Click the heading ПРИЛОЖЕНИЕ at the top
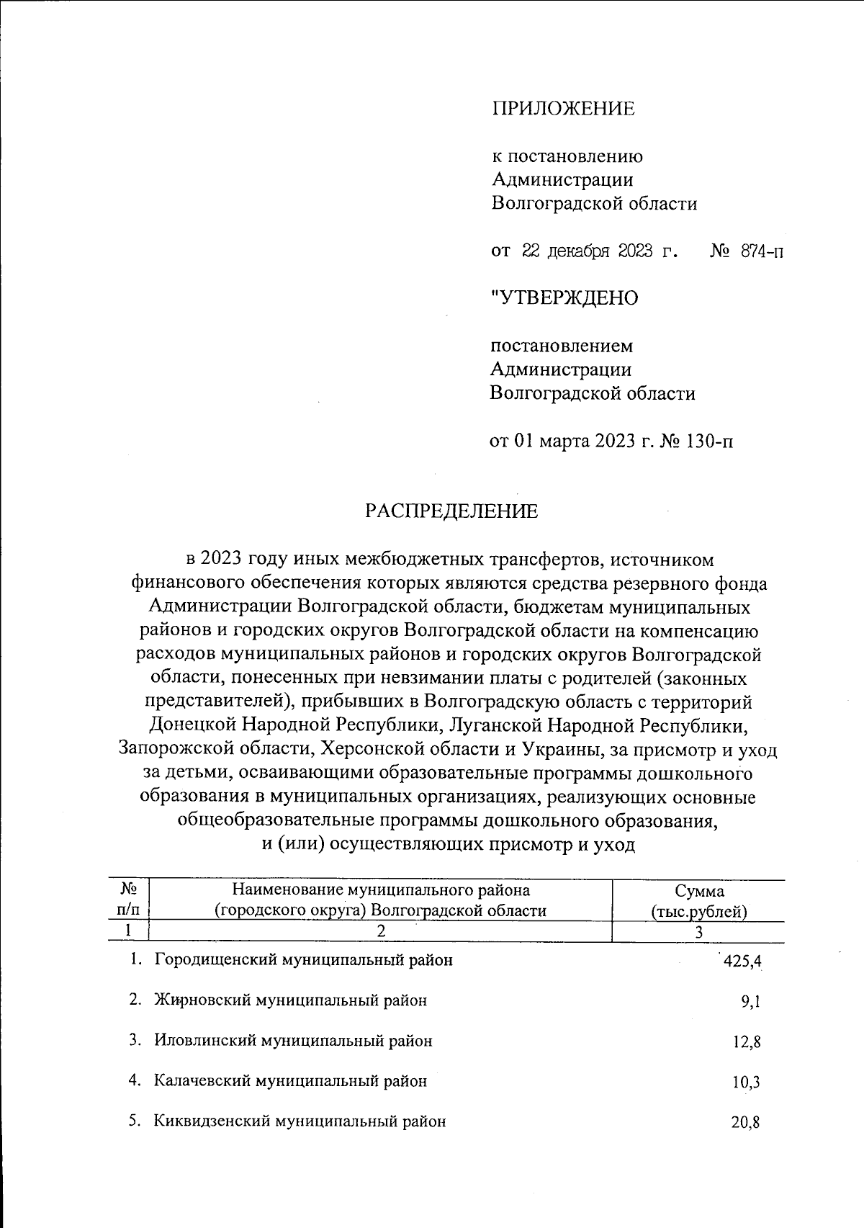coord(563,109)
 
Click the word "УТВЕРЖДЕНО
coord(564,297)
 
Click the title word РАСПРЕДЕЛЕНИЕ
coord(451,511)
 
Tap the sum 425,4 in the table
coord(742,962)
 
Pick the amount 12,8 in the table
coord(747,1042)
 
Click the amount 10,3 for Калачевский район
coord(747,1083)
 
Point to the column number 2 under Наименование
coord(381,931)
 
